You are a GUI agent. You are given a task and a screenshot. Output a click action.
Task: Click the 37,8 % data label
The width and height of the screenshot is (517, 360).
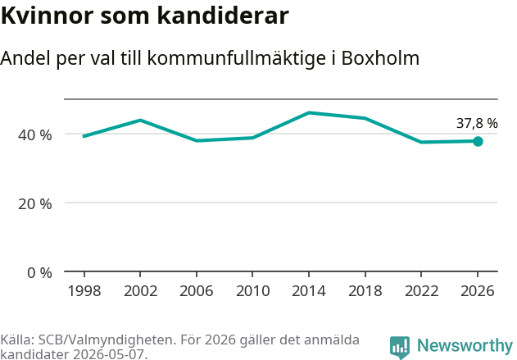[x=477, y=123]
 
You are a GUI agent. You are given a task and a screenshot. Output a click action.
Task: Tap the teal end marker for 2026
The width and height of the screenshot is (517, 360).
[x=478, y=142]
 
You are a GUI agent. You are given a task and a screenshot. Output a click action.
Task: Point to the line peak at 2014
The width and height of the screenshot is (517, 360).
[x=309, y=113]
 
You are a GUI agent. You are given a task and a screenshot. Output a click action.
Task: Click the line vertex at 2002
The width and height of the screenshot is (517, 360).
[x=140, y=120]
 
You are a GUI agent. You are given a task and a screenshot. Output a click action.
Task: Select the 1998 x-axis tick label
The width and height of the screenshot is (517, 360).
[x=84, y=291]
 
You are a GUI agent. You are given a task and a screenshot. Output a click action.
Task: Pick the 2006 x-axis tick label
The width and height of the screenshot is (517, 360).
[x=197, y=291]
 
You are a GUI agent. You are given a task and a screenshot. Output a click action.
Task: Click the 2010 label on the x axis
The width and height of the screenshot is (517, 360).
[x=253, y=291]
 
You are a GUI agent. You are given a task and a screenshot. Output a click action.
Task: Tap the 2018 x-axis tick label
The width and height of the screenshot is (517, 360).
[x=365, y=291]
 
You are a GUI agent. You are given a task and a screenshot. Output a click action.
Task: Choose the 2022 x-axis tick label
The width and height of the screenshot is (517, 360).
[x=421, y=291]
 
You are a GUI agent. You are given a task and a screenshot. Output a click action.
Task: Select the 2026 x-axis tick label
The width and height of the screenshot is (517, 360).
[x=478, y=291]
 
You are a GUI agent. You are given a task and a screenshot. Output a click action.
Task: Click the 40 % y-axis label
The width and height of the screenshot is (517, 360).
[x=35, y=135]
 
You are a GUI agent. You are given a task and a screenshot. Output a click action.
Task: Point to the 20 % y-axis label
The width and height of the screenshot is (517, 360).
[x=35, y=204]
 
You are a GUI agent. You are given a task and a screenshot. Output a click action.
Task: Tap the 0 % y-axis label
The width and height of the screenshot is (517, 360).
[x=39, y=273]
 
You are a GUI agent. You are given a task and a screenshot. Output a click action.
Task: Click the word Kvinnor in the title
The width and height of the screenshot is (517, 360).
[x=48, y=16]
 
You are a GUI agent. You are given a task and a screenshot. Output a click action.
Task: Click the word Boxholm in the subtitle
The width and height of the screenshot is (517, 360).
[x=380, y=58]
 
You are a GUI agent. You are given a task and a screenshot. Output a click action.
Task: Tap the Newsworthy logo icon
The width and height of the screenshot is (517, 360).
[x=400, y=347]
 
